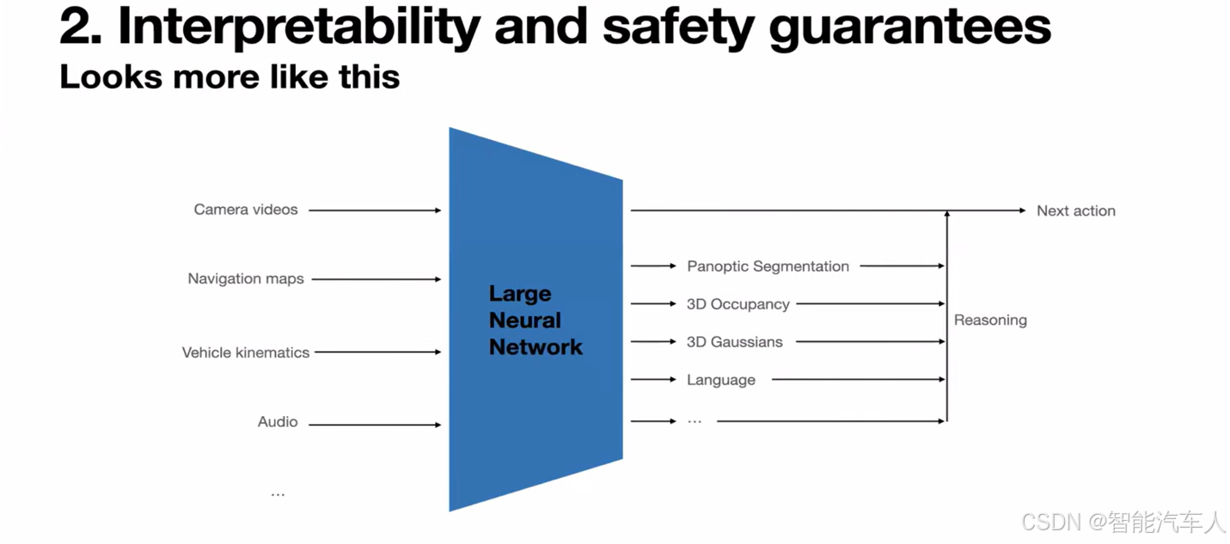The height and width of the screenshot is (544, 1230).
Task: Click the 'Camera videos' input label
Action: coord(246,210)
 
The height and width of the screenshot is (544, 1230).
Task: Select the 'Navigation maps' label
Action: coord(246,278)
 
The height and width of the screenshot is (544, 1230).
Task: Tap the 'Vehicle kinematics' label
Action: coord(246,352)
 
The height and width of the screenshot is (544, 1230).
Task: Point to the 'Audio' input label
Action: coord(278,422)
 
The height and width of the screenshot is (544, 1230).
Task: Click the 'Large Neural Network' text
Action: coord(535,321)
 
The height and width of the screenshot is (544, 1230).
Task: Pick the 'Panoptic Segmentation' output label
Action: coord(768,266)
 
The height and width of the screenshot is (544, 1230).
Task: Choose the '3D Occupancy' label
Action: coord(737,304)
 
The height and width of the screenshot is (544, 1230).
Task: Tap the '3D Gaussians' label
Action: coord(734,342)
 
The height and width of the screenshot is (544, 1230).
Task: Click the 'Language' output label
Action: coord(720,380)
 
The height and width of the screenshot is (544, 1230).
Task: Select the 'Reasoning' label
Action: coord(990,320)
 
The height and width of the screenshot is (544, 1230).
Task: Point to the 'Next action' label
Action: coord(1075,211)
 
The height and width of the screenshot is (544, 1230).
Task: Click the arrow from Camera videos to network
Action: coord(375,211)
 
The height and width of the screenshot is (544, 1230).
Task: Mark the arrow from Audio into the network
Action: coord(375,425)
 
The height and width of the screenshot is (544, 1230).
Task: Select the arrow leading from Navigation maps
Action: coord(376,279)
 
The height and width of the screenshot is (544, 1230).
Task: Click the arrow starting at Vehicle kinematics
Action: coord(378,352)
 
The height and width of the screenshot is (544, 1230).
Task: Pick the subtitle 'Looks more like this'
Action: coord(229,77)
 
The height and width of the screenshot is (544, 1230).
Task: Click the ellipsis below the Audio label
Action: coord(278,494)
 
